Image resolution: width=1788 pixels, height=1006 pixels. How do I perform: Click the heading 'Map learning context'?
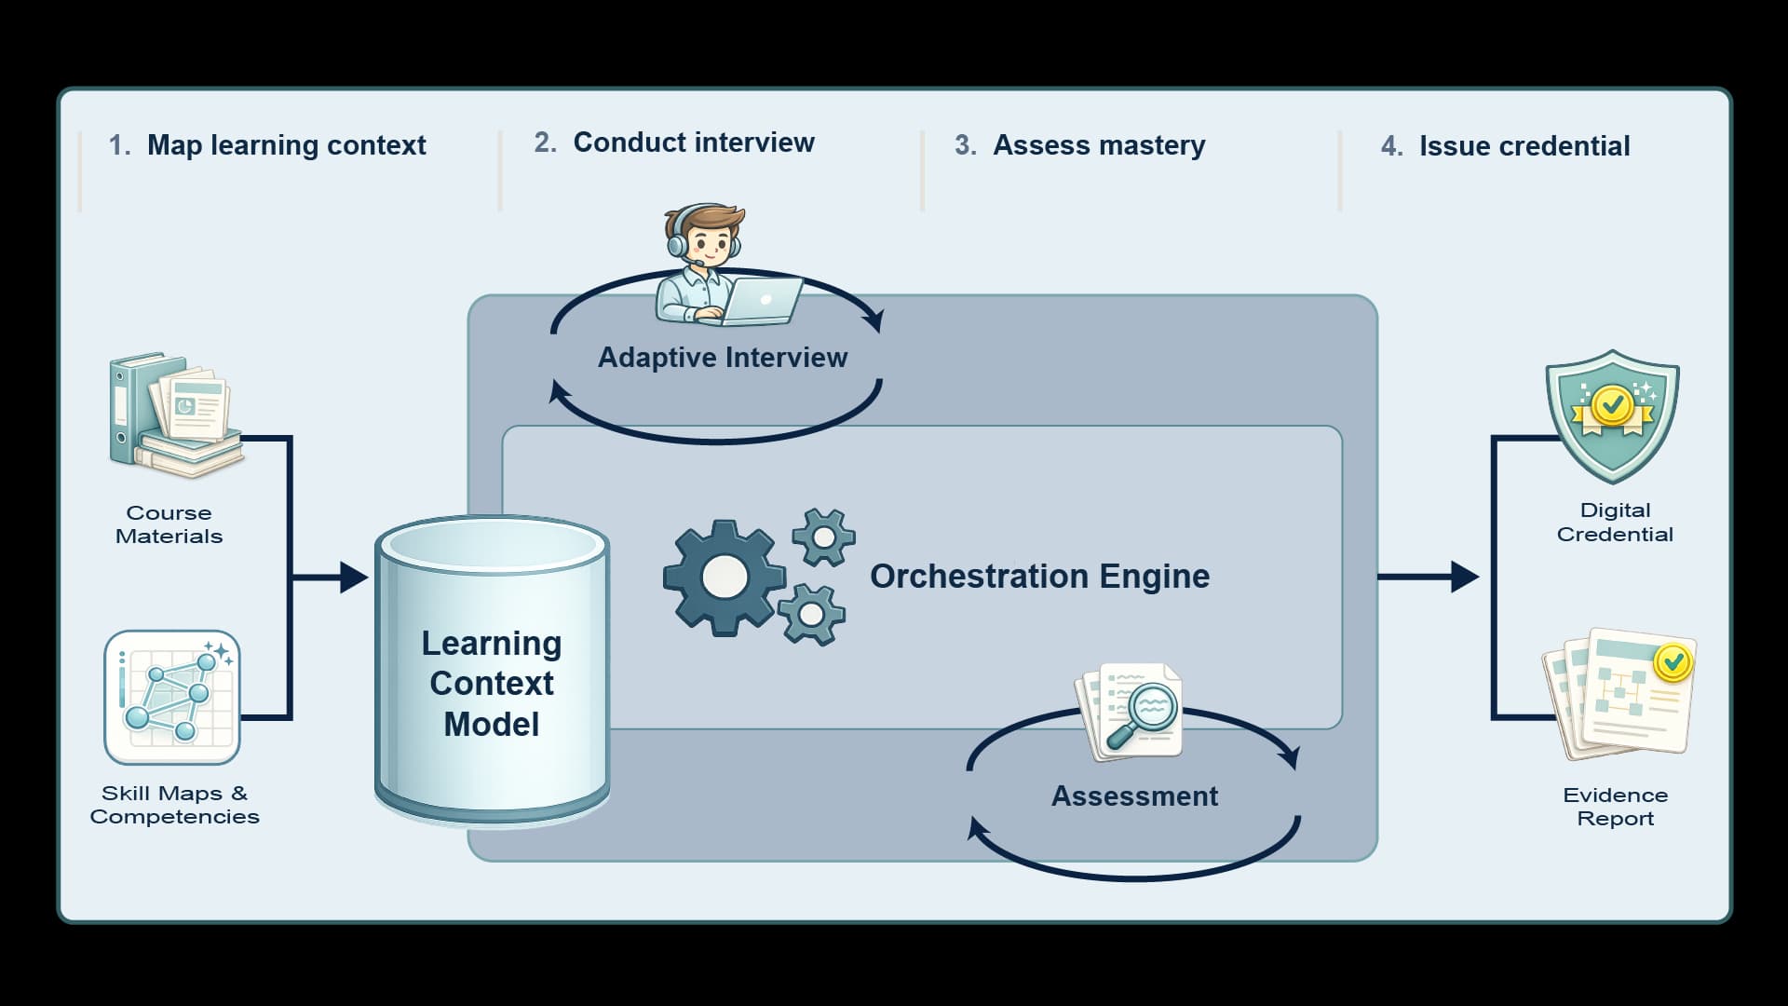point(286,145)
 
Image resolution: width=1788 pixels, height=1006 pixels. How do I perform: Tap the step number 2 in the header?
point(545,143)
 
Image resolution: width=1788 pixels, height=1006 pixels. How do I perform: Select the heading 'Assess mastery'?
point(1099,145)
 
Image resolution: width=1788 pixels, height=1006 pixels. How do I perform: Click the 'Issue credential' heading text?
point(1524,146)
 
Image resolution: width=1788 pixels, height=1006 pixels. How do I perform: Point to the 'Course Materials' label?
point(169,524)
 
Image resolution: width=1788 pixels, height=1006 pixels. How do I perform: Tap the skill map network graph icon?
point(172,698)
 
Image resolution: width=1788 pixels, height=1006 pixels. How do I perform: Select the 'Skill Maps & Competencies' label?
point(174,805)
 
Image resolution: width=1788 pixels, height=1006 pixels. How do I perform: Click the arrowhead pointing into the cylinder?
point(353,578)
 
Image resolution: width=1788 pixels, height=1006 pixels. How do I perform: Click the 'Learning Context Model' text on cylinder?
point(492,684)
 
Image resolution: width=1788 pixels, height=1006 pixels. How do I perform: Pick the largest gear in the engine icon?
point(724,578)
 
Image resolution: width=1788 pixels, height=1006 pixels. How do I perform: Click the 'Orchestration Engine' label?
point(1039,577)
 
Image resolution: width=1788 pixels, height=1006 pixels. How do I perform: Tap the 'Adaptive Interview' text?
point(723,358)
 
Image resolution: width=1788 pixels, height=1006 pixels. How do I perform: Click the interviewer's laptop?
point(762,300)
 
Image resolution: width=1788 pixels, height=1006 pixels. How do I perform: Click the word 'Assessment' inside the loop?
point(1134,796)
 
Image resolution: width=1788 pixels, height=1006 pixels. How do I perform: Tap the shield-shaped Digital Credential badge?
point(1612,415)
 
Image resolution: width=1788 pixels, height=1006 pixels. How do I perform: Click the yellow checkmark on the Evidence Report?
point(1673,662)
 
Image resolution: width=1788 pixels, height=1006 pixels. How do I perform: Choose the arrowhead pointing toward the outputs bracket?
point(1465,578)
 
